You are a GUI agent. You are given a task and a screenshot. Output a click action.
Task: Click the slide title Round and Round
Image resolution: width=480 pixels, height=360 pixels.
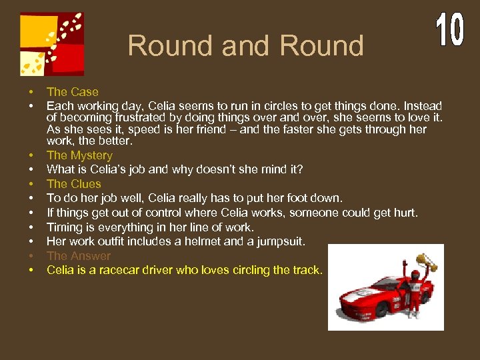245,46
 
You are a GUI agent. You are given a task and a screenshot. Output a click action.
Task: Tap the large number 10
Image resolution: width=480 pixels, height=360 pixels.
450,29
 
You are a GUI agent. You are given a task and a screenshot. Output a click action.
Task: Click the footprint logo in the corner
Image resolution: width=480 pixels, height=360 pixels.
52,43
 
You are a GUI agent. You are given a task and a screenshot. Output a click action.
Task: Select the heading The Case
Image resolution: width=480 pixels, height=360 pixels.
72,92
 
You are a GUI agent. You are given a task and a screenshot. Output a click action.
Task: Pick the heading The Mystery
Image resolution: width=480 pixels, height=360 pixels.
79,155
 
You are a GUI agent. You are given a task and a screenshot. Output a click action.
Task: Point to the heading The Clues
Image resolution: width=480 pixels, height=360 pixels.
73,184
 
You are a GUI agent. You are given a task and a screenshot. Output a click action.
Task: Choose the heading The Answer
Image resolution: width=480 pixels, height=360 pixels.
79,256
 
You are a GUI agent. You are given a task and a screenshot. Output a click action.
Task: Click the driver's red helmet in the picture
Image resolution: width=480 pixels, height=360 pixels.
414,274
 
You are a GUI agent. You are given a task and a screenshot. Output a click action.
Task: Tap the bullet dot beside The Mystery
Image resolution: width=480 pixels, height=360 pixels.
31,155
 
